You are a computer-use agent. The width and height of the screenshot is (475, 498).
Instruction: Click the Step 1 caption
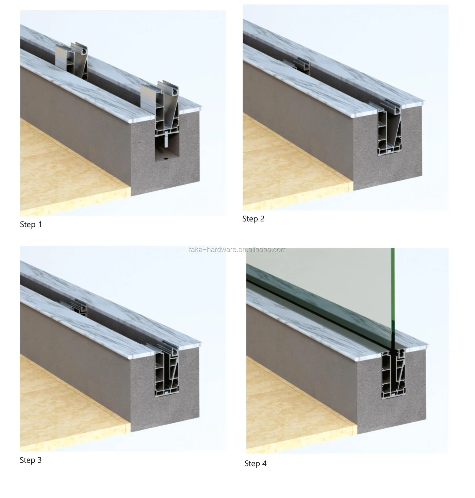pos(31,225)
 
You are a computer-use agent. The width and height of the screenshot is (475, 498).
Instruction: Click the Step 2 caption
pos(253,219)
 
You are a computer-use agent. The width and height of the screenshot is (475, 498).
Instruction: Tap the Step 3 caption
pos(30,460)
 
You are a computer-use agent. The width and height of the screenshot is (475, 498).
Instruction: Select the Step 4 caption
pos(255,464)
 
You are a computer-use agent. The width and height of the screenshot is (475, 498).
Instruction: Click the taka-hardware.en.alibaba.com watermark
pos(238,250)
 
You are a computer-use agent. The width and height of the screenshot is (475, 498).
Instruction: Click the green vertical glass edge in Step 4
pos(393,298)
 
